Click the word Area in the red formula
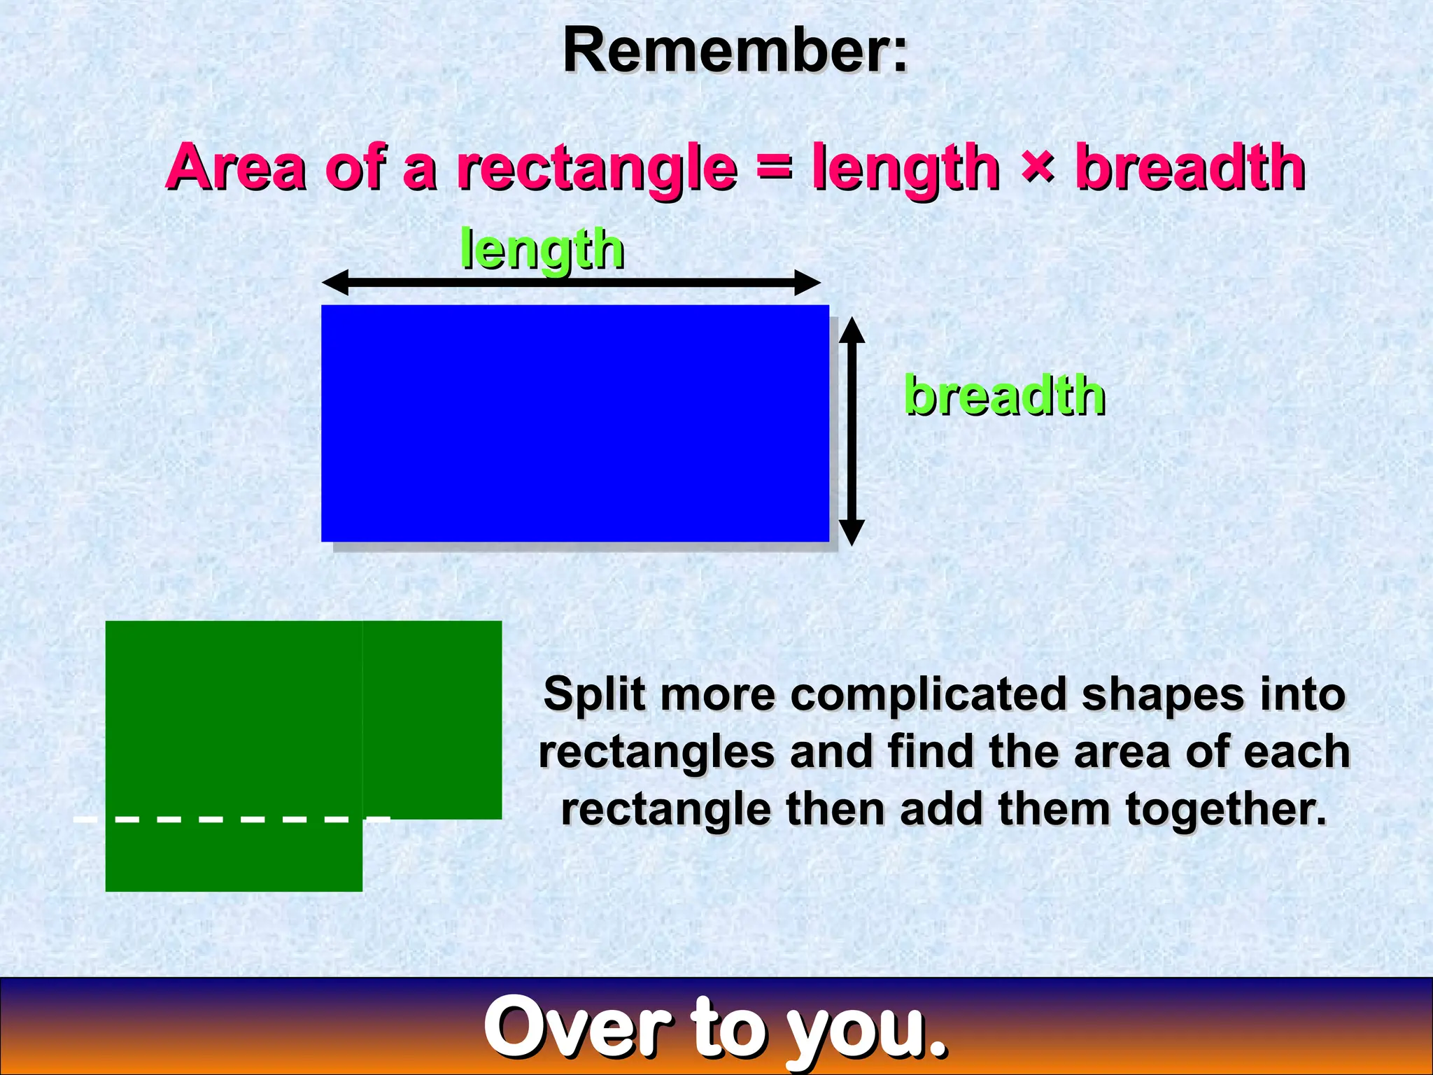[x=236, y=168]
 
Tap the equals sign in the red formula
[x=774, y=168]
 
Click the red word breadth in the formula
[x=1190, y=168]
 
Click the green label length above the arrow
[x=542, y=250]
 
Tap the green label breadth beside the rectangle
[x=1004, y=395]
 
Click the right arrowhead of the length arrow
[x=808, y=283]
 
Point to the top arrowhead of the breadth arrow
[x=852, y=329]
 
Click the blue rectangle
[x=574, y=423]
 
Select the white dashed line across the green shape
[x=231, y=818]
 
